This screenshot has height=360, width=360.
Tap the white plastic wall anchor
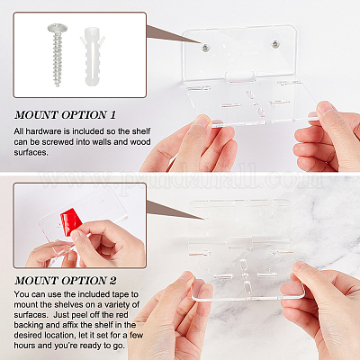pos(93,56)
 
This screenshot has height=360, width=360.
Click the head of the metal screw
pos(58,28)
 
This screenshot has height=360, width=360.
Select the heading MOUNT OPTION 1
pos(65,115)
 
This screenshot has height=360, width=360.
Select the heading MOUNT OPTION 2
pos(66,281)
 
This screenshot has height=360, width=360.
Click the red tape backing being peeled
pos(71,222)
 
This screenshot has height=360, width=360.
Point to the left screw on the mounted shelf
pos(205,47)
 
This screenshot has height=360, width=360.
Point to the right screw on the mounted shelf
pos(275,44)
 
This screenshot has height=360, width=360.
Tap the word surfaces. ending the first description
pos(31,152)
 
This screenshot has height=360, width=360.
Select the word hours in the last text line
pos(24,346)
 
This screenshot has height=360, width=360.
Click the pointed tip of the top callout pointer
pos(202,44)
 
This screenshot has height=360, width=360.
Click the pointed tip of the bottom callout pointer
pos(204,220)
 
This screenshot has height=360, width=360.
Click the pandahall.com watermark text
pos(180,179)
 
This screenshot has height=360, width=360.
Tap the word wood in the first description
pos(140,142)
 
